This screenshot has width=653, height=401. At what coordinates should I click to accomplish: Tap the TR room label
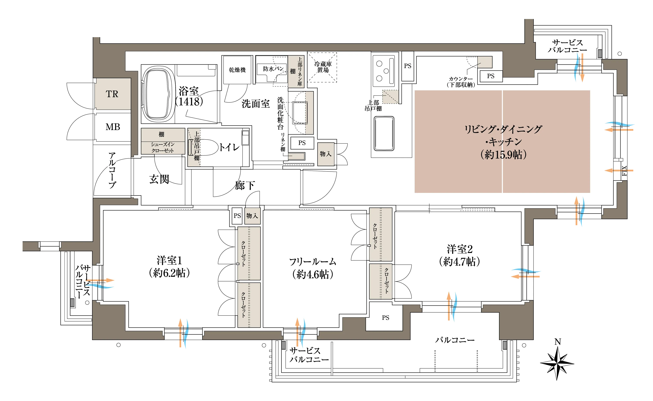click(x=112, y=94)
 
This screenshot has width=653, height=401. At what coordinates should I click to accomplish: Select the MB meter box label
click(x=113, y=127)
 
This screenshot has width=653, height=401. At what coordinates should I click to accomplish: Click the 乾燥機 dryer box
click(x=237, y=70)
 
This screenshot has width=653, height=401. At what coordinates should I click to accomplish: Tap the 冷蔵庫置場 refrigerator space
click(x=322, y=67)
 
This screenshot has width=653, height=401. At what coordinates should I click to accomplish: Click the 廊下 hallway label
click(x=245, y=185)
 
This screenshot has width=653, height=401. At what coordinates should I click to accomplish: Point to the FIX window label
click(x=624, y=171)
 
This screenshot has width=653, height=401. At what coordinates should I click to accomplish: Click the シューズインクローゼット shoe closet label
click(x=163, y=147)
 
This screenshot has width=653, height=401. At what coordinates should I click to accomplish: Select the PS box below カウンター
click(x=491, y=76)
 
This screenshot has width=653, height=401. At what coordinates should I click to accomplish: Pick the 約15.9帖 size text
click(x=503, y=155)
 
